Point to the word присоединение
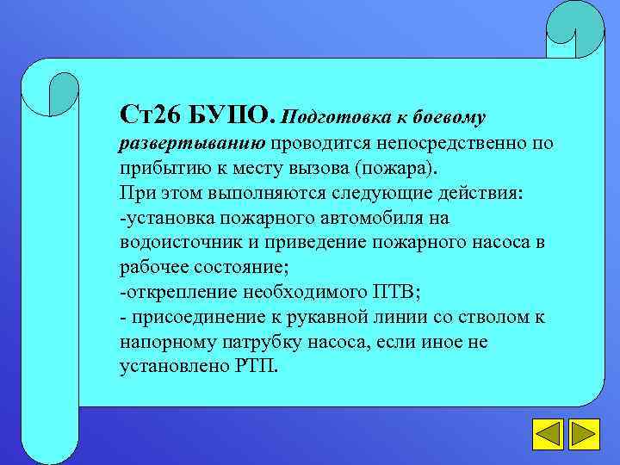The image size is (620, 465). (x=193, y=317)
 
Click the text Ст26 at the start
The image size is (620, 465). (x=149, y=114)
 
